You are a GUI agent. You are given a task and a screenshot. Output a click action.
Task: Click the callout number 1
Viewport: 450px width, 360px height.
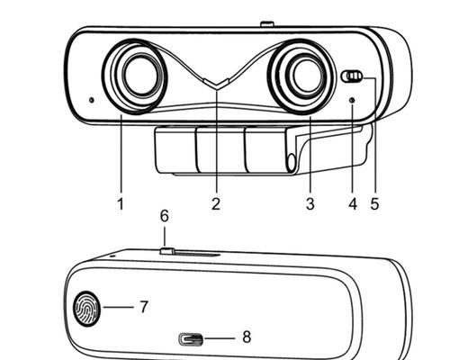121,204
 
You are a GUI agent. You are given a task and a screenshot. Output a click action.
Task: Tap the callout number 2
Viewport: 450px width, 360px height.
216,204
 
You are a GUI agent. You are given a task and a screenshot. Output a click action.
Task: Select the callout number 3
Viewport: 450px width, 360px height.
310,204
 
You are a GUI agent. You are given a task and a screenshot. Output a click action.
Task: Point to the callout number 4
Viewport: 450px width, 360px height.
353,204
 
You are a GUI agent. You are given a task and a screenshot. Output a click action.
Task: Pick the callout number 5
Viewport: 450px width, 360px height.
374,204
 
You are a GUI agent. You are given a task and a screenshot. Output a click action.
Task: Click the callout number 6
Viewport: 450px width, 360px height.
165,216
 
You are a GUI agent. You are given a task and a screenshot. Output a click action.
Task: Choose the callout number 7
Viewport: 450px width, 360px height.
144,307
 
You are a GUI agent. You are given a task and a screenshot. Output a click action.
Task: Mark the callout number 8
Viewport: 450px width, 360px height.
247,337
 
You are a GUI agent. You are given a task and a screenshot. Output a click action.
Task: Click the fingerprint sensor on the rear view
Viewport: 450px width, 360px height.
86,308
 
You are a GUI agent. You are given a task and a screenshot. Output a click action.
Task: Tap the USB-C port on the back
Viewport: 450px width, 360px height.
191,339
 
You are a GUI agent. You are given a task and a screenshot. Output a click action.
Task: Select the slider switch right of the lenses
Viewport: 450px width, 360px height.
352,76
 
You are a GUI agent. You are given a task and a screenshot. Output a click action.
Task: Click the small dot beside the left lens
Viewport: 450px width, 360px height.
92,100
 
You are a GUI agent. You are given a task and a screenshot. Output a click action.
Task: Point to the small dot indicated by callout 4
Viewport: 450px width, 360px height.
353,100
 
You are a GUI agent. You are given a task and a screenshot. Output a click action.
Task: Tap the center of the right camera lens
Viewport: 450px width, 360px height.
307,75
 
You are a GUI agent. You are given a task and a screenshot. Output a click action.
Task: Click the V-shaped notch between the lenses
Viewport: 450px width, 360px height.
217,84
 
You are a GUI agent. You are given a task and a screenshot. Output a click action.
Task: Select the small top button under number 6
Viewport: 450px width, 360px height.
167,251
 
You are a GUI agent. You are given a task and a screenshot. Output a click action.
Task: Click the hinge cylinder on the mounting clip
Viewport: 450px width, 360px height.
292,164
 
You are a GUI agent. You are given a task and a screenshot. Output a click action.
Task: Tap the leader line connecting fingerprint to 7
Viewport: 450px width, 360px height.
118,307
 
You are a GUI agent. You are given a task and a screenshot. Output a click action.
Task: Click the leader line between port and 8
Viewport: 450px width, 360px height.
220,338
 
